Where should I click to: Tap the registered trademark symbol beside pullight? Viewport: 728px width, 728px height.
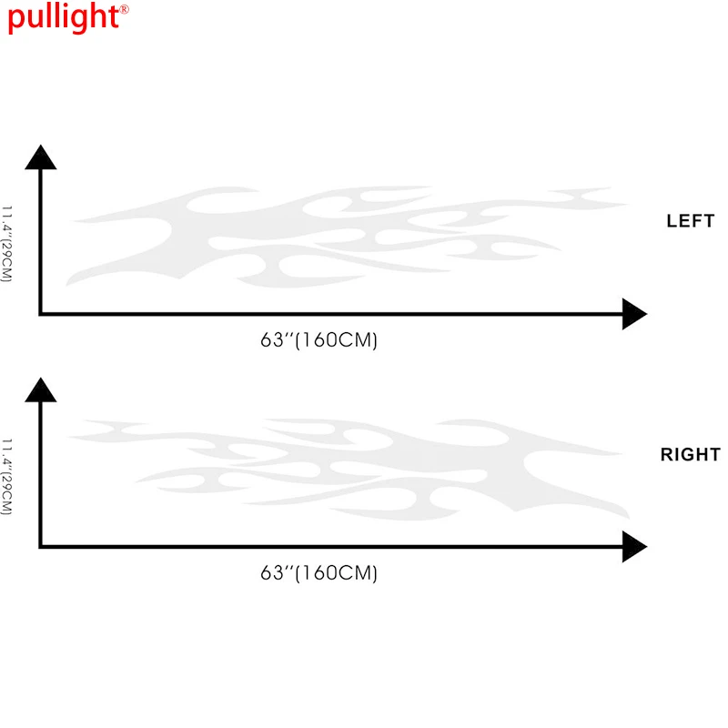tap(124, 10)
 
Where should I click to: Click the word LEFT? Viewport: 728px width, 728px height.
tap(691, 221)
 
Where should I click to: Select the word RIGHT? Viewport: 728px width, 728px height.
tap(690, 455)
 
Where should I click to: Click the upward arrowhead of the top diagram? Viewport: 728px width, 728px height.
tap(40, 157)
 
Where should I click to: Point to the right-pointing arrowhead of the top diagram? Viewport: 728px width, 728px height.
tap(634, 315)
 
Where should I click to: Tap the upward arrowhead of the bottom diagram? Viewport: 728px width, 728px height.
tap(40, 389)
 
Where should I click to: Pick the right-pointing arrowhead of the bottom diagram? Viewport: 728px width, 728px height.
tap(634, 547)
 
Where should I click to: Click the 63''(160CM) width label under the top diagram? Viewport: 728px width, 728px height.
tap(318, 340)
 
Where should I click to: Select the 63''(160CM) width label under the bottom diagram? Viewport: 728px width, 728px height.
tap(318, 573)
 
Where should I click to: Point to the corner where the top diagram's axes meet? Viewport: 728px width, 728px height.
tap(40, 315)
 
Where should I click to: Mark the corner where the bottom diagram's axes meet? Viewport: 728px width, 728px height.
tap(40, 547)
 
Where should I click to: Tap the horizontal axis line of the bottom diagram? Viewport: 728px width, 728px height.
tap(328, 547)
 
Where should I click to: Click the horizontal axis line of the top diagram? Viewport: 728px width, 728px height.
tap(328, 315)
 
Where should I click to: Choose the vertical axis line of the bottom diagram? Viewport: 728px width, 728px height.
tap(40, 473)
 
